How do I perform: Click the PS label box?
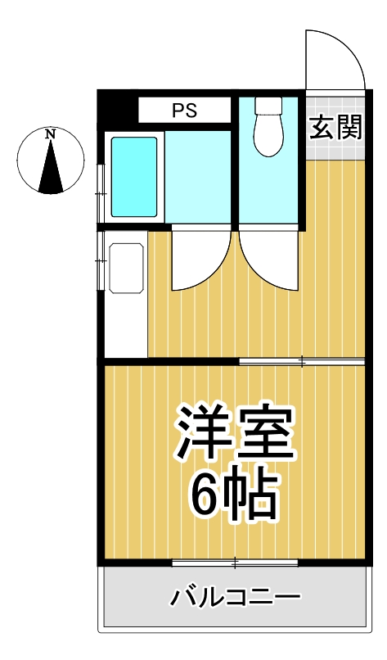click(184, 111)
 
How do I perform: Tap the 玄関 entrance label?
click(336, 128)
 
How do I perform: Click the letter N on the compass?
click(51, 133)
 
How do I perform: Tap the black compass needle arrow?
click(52, 167)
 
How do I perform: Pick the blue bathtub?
click(133, 175)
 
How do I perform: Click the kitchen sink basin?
click(124, 265)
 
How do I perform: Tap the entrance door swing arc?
click(335, 59)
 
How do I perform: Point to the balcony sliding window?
click(235, 563)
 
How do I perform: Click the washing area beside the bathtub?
click(199, 175)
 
